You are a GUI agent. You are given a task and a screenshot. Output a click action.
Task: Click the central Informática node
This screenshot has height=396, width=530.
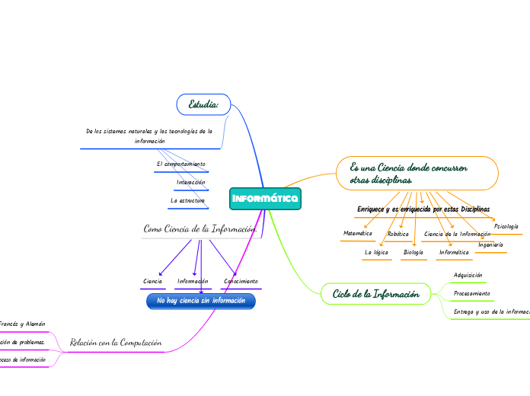(x=265, y=199)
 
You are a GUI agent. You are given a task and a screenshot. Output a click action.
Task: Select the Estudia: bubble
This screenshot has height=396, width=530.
(x=203, y=103)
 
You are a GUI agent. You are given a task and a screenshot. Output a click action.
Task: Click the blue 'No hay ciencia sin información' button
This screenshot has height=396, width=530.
(x=201, y=302)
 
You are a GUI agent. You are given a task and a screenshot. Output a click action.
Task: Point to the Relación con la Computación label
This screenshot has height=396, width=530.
(x=116, y=343)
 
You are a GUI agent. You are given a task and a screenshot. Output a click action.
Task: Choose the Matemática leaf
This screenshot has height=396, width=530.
(x=358, y=233)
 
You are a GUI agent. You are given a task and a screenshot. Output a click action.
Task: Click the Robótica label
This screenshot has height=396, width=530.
(x=398, y=234)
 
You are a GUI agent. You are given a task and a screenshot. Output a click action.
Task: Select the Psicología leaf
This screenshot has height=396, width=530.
(x=506, y=226)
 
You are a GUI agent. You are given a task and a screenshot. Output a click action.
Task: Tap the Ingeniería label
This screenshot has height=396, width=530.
(x=490, y=244)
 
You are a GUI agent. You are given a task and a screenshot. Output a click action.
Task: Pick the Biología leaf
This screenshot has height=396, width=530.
(x=413, y=252)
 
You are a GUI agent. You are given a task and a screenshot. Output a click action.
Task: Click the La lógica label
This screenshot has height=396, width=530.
(x=377, y=252)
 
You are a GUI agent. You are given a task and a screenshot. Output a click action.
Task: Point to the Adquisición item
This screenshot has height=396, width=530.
(x=468, y=275)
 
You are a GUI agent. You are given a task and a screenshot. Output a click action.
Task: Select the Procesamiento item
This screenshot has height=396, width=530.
(x=472, y=293)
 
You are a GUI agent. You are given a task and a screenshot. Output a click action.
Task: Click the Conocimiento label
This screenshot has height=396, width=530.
(x=241, y=282)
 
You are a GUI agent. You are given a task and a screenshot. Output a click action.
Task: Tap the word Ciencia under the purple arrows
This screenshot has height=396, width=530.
(x=153, y=282)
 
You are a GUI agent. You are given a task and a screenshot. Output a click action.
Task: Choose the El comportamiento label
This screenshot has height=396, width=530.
(x=180, y=164)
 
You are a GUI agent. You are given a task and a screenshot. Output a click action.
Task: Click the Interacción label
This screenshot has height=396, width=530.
(x=191, y=183)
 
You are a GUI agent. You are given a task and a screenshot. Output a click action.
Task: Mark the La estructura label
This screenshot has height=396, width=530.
(x=188, y=200)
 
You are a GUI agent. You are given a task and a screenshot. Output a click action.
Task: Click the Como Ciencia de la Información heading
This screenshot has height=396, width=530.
(x=200, y=228)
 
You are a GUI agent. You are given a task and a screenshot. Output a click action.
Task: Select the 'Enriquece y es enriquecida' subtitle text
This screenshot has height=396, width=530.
(x=423, y=209)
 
